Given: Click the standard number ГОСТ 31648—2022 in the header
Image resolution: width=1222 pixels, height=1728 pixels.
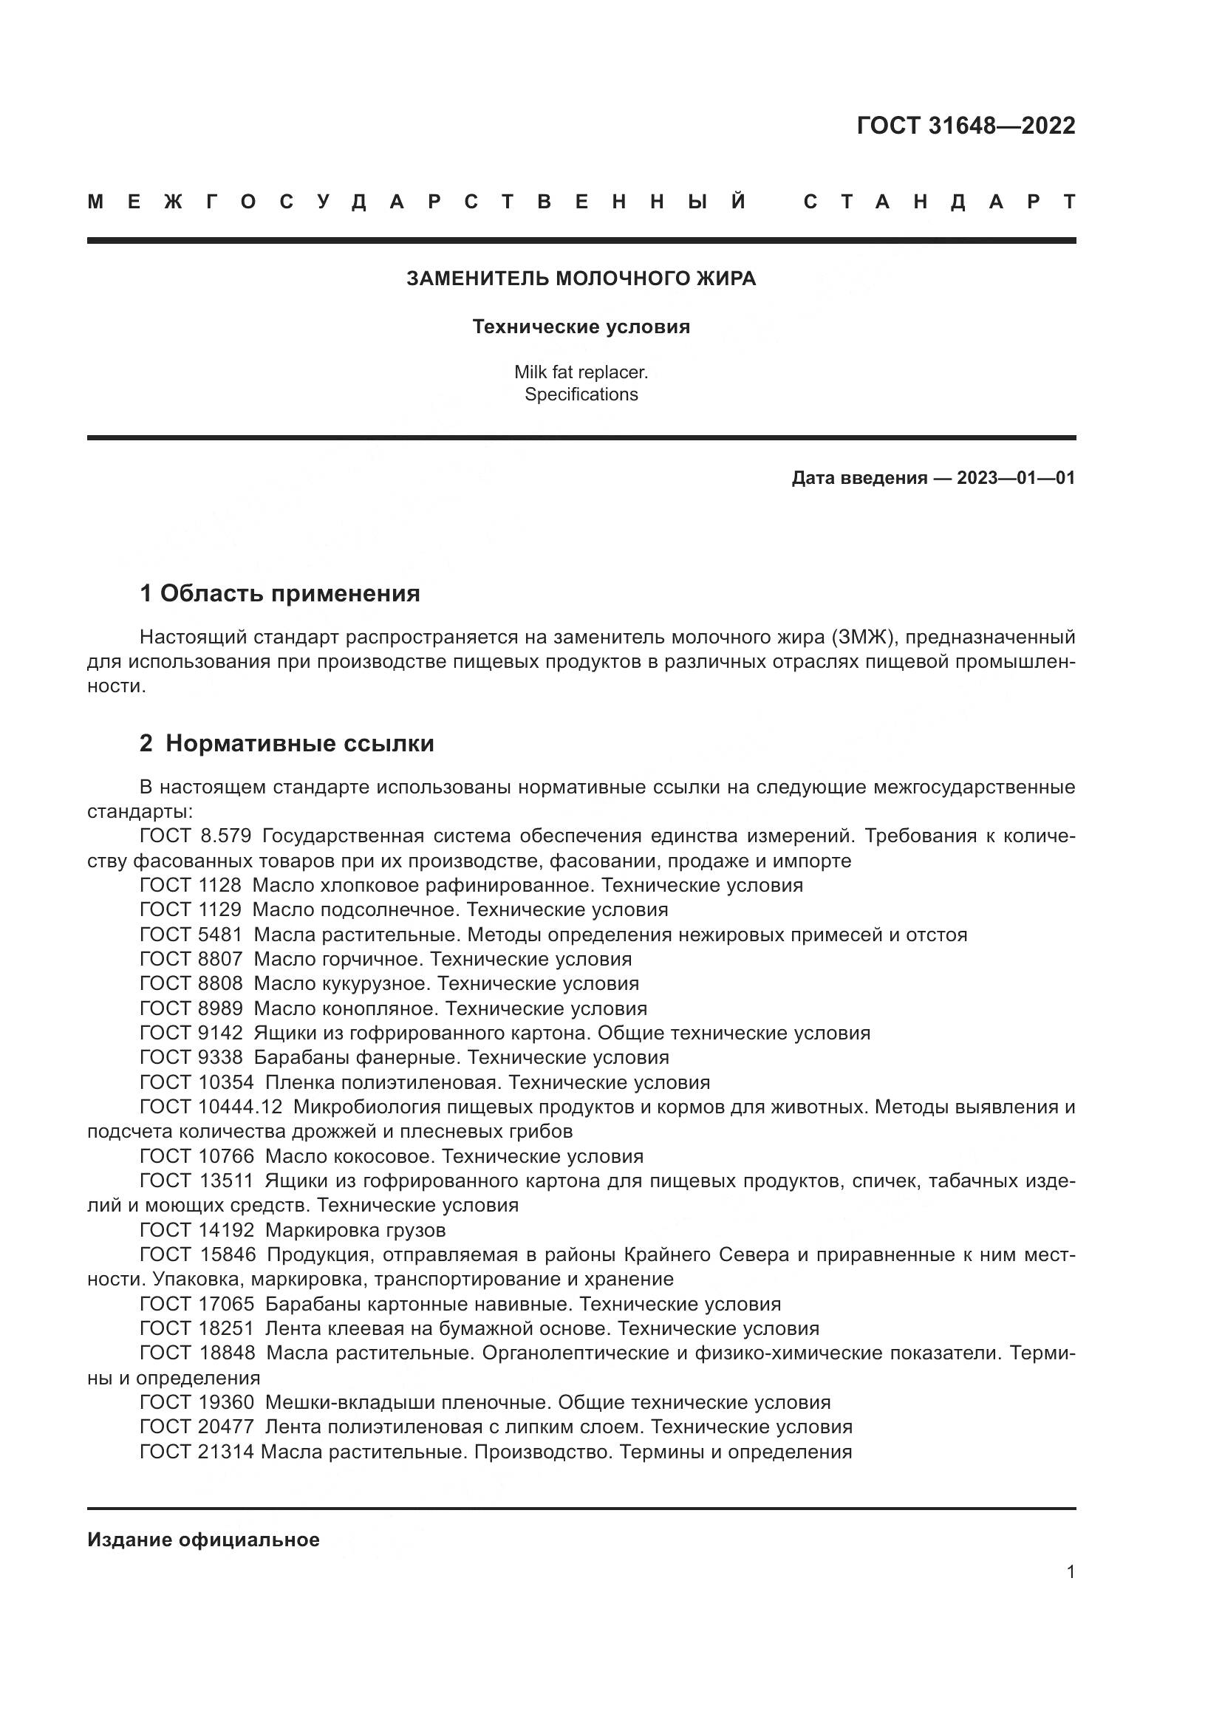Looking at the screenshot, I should tap(966, 126).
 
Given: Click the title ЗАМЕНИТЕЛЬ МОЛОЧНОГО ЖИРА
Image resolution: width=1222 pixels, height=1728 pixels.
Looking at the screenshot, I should tap(581, 279).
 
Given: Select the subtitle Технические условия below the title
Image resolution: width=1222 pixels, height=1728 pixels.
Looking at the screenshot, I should tap(581, 327).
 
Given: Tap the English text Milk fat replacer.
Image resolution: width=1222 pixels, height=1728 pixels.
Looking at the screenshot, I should tap(581, 372).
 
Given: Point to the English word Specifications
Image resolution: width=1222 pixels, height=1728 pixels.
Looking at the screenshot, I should tap(581, 395).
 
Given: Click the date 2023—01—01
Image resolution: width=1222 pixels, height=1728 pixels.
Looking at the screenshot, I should tap(1016, 478).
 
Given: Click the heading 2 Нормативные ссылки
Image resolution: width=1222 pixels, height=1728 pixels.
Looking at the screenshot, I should tap(287, 744).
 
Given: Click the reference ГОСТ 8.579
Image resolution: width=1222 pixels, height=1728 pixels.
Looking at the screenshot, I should tap(196, 836).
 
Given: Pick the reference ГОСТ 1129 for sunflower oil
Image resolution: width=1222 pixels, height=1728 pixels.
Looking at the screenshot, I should tap(191, 910).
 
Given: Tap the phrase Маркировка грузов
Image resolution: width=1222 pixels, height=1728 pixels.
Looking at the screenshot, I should tap(355, 1231).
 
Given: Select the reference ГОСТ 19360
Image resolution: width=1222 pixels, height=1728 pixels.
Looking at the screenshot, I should tap(197, 1402).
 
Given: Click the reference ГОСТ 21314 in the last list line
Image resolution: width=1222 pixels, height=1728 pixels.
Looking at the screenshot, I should tap(197, 1452).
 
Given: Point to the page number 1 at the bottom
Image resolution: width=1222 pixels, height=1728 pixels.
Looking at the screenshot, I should tap(1071, 1571).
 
